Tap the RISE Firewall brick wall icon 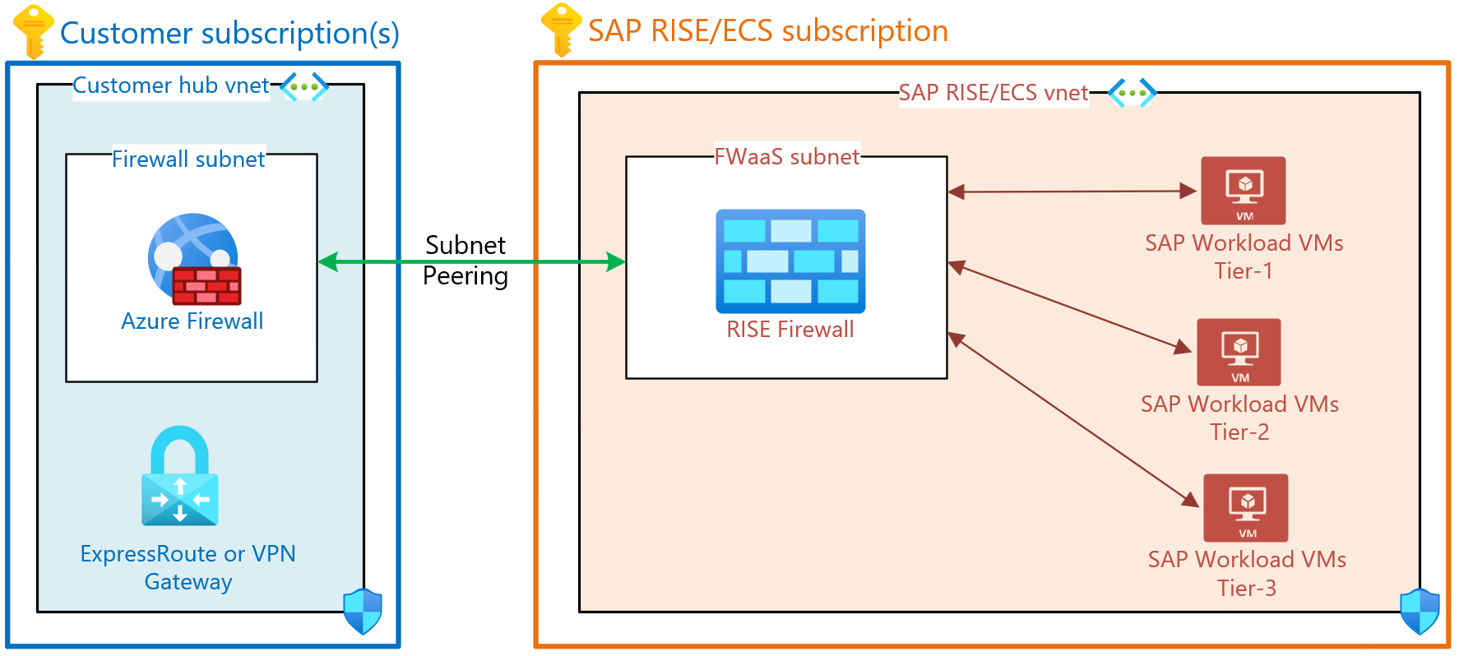[790, 261]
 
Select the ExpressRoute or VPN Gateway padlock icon [180, 476]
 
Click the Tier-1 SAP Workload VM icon [1243, 191]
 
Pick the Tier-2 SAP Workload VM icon [1239, 352]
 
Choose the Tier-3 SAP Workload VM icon [1245, 507]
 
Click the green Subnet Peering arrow [471, 262]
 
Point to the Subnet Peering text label [465, 260]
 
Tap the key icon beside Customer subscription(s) [34, 31]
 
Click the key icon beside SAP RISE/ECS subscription [561, 30]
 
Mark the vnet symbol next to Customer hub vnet [303, 86]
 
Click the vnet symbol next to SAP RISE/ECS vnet [1132, 93]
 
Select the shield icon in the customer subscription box [363, 611]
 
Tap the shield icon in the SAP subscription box [1420, 611]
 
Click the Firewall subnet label [188, 159]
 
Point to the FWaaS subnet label [786, 156]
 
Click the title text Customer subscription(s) [229, 33]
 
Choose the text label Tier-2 [1239, 432]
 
